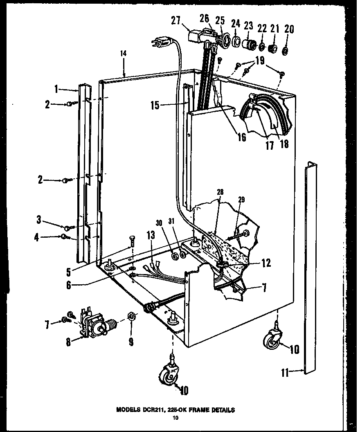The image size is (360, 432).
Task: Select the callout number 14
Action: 124,54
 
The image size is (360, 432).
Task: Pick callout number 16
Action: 241,137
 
